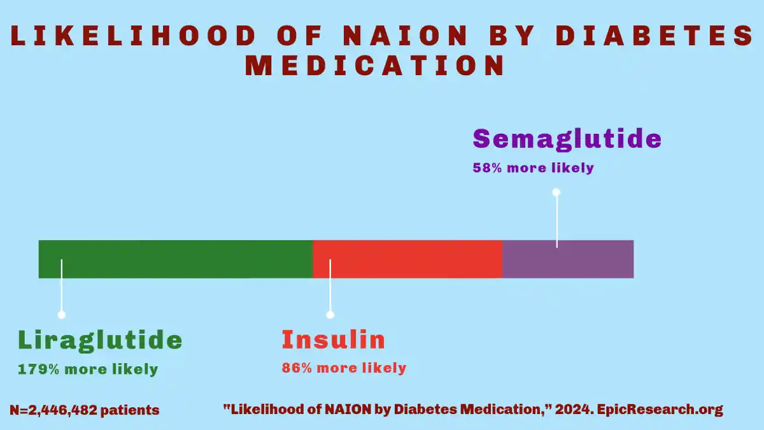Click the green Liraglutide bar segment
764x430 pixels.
pos(176,259)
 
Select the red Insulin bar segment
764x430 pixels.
pos(407,259)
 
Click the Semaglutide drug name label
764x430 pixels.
pos(567,139)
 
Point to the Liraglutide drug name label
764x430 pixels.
pos(100,340)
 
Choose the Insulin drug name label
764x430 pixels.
pos(333,340)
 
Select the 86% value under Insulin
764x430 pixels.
pos(297,368)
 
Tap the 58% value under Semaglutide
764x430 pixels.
pos(488,168)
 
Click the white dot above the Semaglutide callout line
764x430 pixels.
pos(556,192)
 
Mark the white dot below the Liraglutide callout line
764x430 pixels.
pos(62,315)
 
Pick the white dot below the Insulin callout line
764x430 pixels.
pos(330,315)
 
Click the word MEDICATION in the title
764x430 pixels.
pos(376,66)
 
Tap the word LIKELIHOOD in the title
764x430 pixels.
pos(134,36)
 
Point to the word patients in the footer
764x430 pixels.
pos(132,410)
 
